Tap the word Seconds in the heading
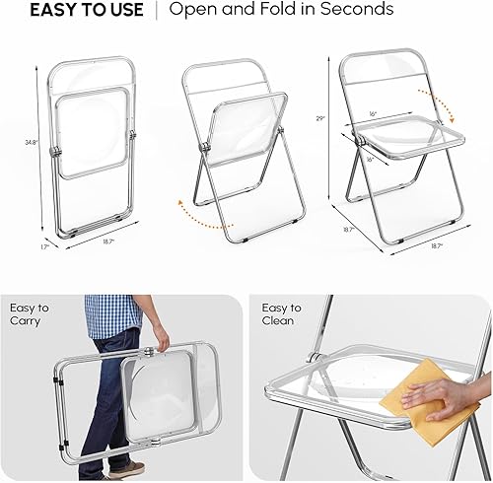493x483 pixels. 356,11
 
